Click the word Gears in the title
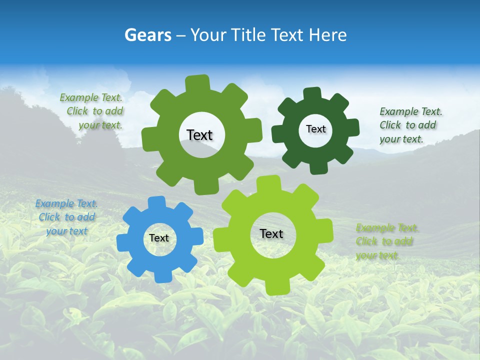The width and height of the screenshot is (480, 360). coord(147,35)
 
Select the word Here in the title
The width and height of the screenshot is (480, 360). coord(327,35)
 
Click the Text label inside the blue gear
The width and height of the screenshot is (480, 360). coord(159,238)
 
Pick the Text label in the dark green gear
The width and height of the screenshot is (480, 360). coord(315,129)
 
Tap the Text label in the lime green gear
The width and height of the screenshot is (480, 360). coord(271,233)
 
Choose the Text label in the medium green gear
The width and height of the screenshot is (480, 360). coord(200,135)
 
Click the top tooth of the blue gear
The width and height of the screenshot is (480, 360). coord(157,202)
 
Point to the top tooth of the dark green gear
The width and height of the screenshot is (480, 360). coord(312,94)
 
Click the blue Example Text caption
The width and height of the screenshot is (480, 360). coord(66,217)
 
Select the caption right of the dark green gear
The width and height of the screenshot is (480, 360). coord(410,125)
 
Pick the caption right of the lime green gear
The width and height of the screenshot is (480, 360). coord(387,241)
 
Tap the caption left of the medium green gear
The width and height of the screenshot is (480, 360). coord(92,111)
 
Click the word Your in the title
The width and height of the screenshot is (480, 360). coord(209,35)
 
